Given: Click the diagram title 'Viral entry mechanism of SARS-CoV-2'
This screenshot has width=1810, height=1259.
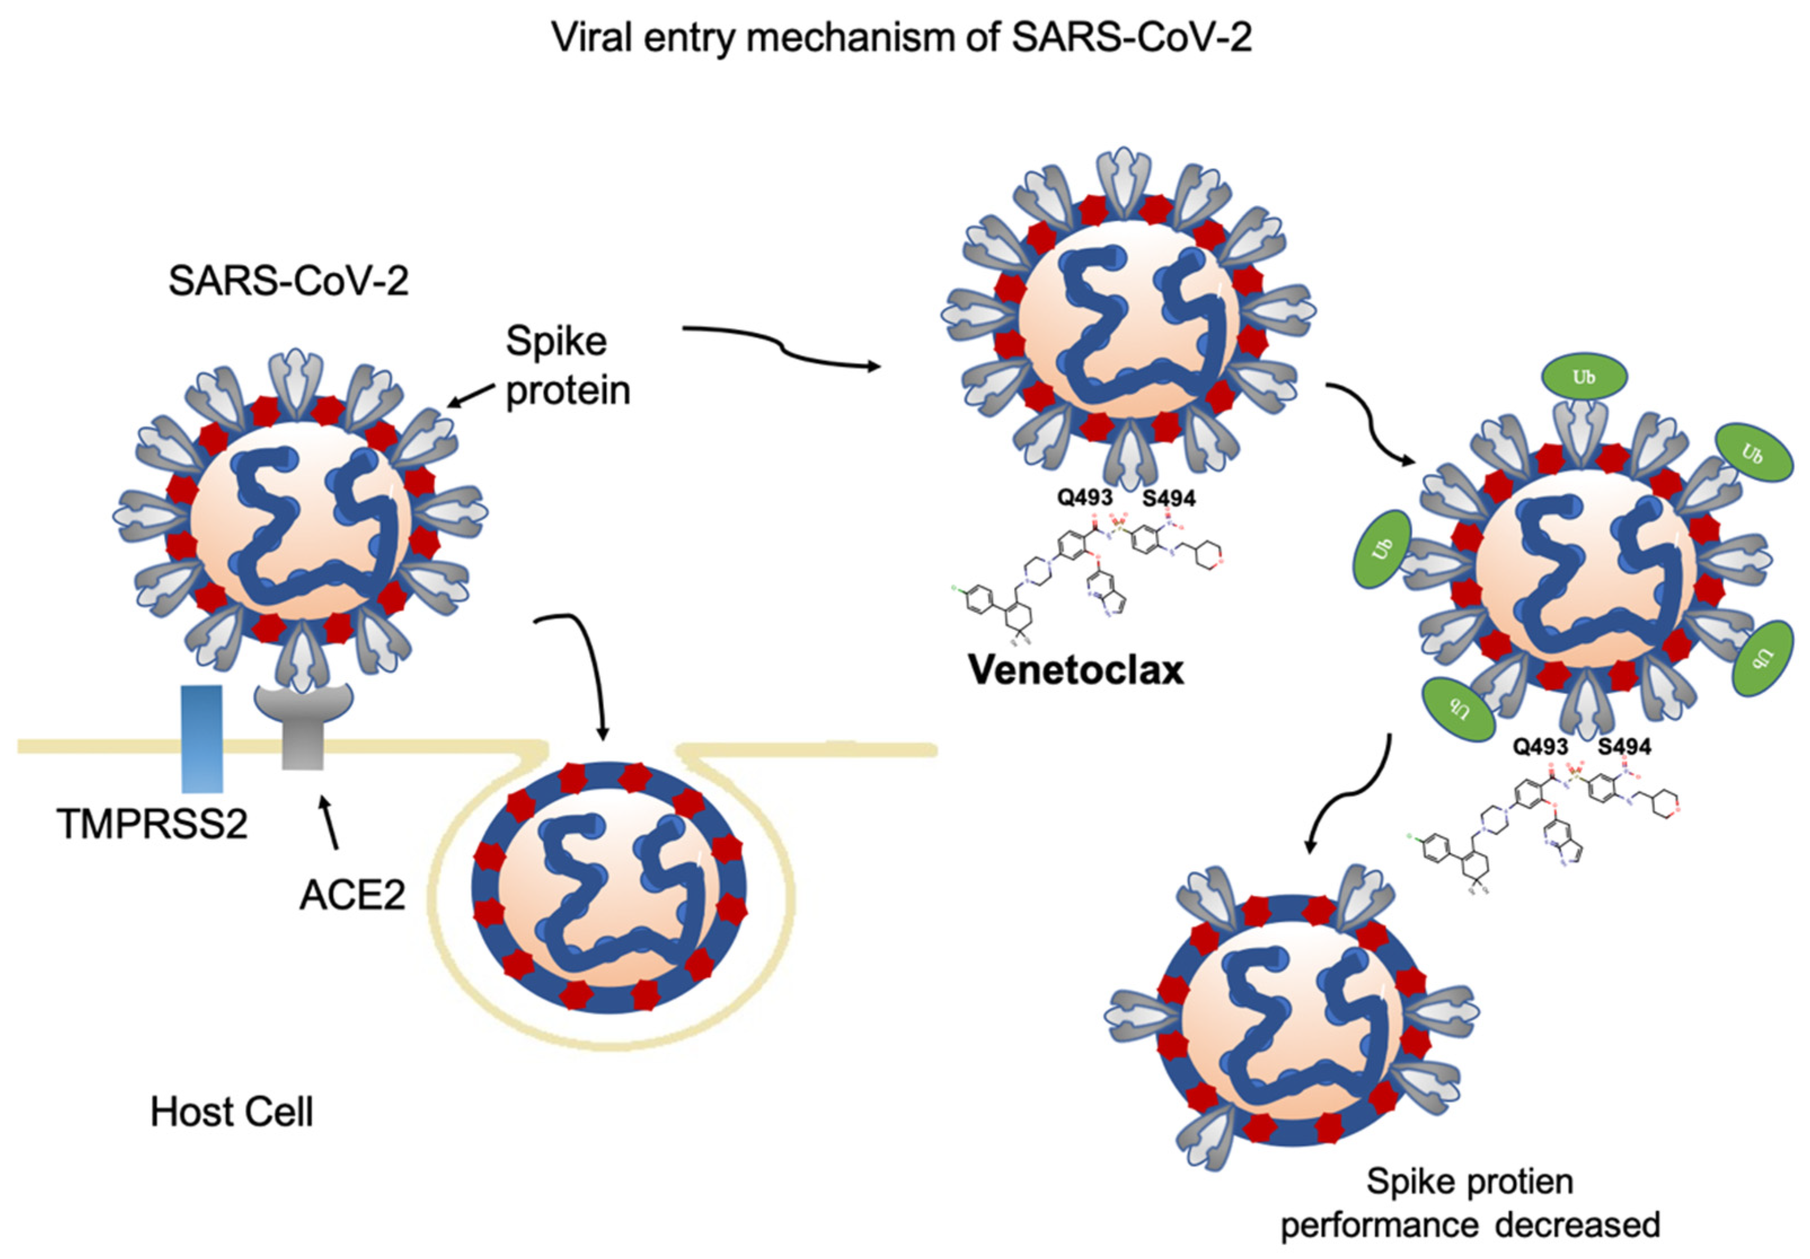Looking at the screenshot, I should tap(901, 38).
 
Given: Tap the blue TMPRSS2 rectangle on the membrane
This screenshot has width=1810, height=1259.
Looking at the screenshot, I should tap(202, 738).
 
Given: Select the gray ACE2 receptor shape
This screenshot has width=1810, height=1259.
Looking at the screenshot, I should tap(303, 725).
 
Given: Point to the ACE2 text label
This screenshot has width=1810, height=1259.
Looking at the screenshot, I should tap(352, 895).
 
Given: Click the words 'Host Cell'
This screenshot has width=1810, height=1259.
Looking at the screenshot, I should tap(232, 1112).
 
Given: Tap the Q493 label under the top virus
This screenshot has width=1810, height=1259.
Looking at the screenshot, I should tap(1085, 497).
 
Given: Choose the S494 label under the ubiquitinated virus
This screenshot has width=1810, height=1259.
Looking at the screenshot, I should tap(1624, 746).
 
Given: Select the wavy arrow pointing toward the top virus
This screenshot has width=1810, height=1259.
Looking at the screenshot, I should tap(781, 347).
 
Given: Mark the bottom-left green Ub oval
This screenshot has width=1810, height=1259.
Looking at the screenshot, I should tap(1458, 707).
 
